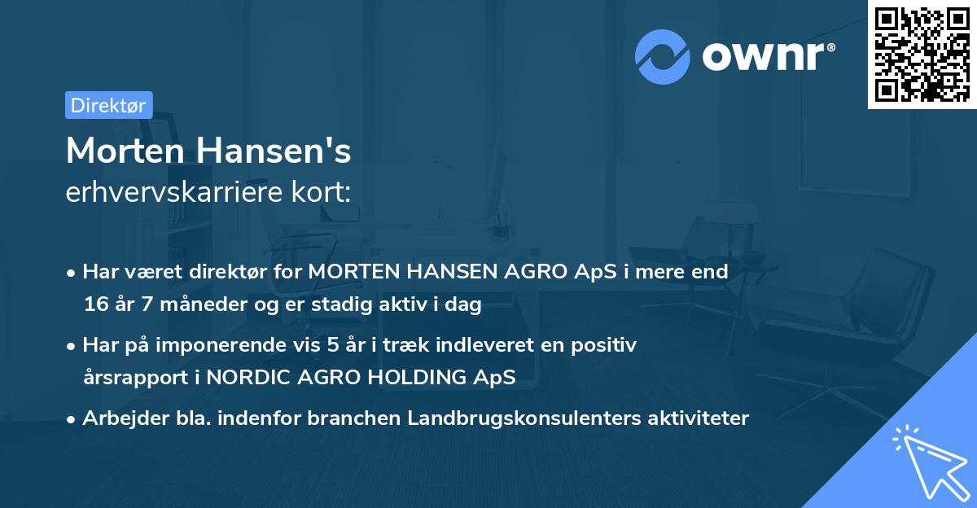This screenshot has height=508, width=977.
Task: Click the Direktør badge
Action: point(108,105)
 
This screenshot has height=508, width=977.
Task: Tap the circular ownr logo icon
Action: point(663,57)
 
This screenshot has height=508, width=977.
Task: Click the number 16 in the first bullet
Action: point(95,305)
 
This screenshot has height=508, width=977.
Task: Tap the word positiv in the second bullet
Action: point(607,345)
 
